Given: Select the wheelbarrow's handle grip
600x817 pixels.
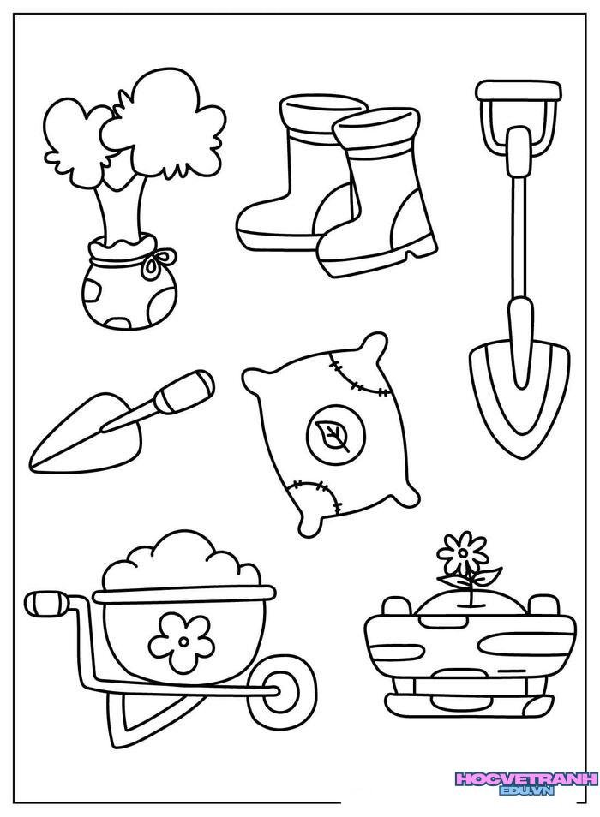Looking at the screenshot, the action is click(x=47, y=604).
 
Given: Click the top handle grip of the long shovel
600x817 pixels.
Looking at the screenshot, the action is click(x=519, y=90).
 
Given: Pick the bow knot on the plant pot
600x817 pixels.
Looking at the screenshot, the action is click(x=159, y=260).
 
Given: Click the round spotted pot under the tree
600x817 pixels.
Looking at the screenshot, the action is click(x=129, y=294).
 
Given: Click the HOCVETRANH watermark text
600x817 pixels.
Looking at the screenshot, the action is click(x=525, y=779).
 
